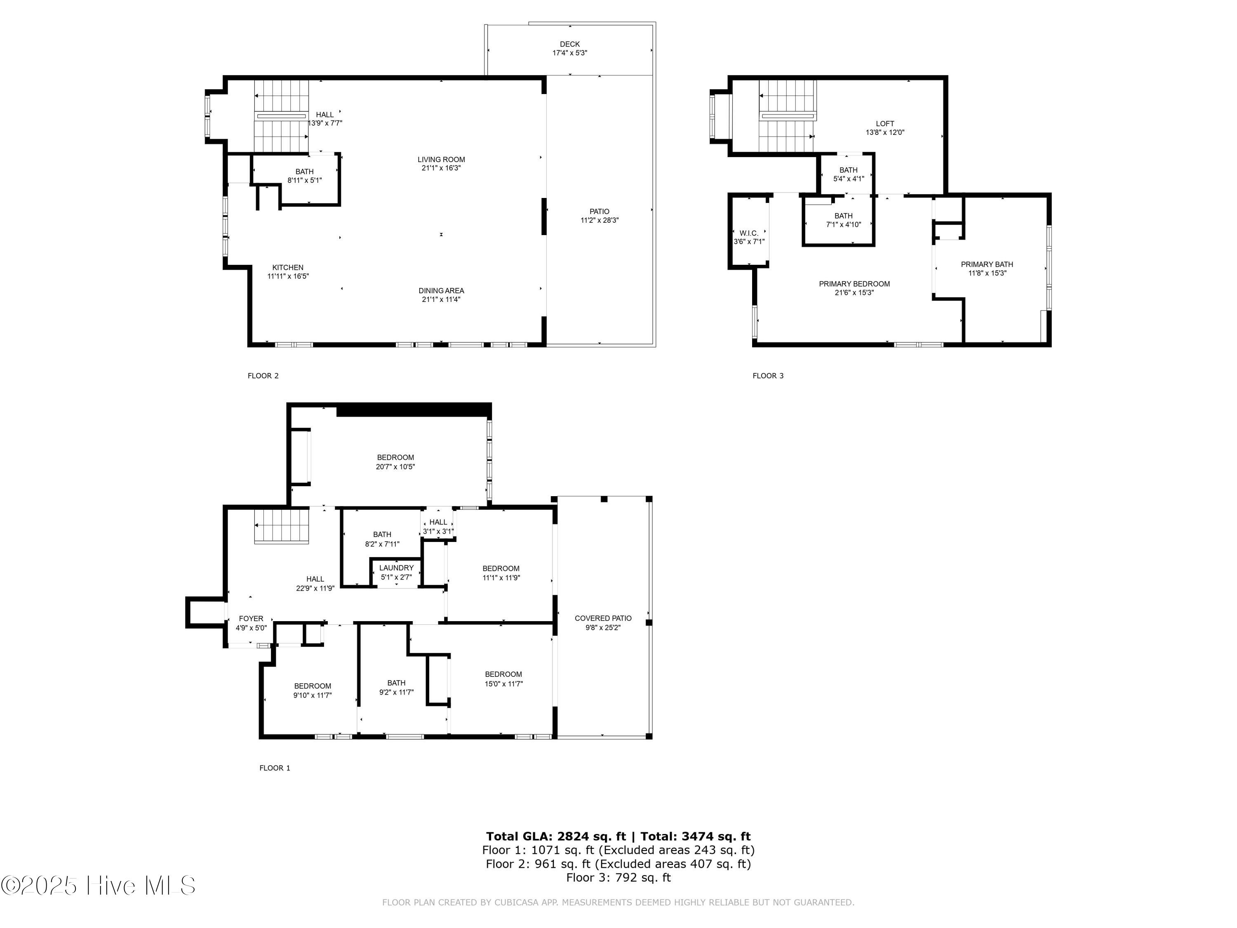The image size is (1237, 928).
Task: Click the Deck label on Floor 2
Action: coord(569,44)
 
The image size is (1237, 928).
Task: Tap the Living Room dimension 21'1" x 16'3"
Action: coord(441,168)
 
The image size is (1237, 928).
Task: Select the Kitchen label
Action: coord(287,267)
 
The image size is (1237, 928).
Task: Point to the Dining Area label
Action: coord(441,290)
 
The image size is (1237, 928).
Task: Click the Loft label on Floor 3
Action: coord(885,124)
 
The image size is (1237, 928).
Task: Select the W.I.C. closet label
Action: coord(748,233)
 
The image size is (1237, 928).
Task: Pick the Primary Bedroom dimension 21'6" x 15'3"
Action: coord(854,292)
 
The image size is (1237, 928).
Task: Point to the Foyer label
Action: coord(251,619)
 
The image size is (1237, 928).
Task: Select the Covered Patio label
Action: coord(603,618)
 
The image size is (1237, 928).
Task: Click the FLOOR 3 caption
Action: coord(768,376)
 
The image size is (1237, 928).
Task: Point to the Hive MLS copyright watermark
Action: coord(99,886)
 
